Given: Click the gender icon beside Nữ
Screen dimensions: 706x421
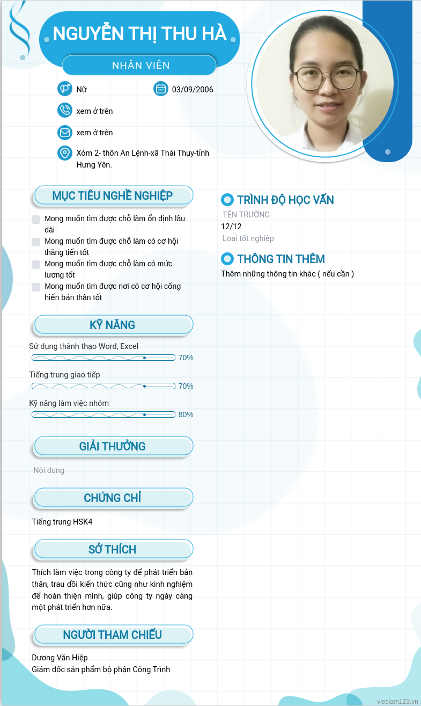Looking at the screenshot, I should pos(64,89).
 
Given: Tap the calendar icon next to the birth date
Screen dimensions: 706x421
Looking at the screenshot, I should pos(160,89).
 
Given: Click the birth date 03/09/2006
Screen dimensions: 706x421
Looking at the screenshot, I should pos(193,90).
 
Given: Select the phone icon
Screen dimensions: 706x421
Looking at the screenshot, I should pos(64,110).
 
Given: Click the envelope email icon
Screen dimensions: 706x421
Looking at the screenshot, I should pos(64,132).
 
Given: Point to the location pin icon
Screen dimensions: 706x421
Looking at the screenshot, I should pos(64,153).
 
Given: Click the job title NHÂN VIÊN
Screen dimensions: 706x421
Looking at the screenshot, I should pos(141,65).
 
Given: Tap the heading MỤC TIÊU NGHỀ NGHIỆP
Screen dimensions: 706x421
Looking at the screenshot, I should pos(113,195).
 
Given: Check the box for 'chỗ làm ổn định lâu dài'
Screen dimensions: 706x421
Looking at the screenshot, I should pos(36,220).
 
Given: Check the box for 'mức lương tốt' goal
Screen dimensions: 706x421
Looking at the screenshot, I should pos(36,265).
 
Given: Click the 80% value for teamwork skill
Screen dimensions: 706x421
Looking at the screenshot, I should pos(186,414).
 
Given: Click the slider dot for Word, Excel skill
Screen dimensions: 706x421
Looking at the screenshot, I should pos(144,358).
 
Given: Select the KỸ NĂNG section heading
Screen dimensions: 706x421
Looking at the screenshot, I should pos(113,325).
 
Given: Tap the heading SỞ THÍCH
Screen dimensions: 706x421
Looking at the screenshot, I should pos(113,549).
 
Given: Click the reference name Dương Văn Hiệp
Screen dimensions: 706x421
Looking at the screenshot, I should pos(60,658).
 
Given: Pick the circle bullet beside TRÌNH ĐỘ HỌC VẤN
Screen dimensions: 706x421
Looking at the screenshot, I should pos(227,200).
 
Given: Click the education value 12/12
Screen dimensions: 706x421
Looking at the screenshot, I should pos(231,227).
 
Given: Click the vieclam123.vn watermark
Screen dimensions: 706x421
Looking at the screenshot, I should pos(397,701).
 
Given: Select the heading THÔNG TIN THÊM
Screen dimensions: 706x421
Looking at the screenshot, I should pos(281,259).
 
